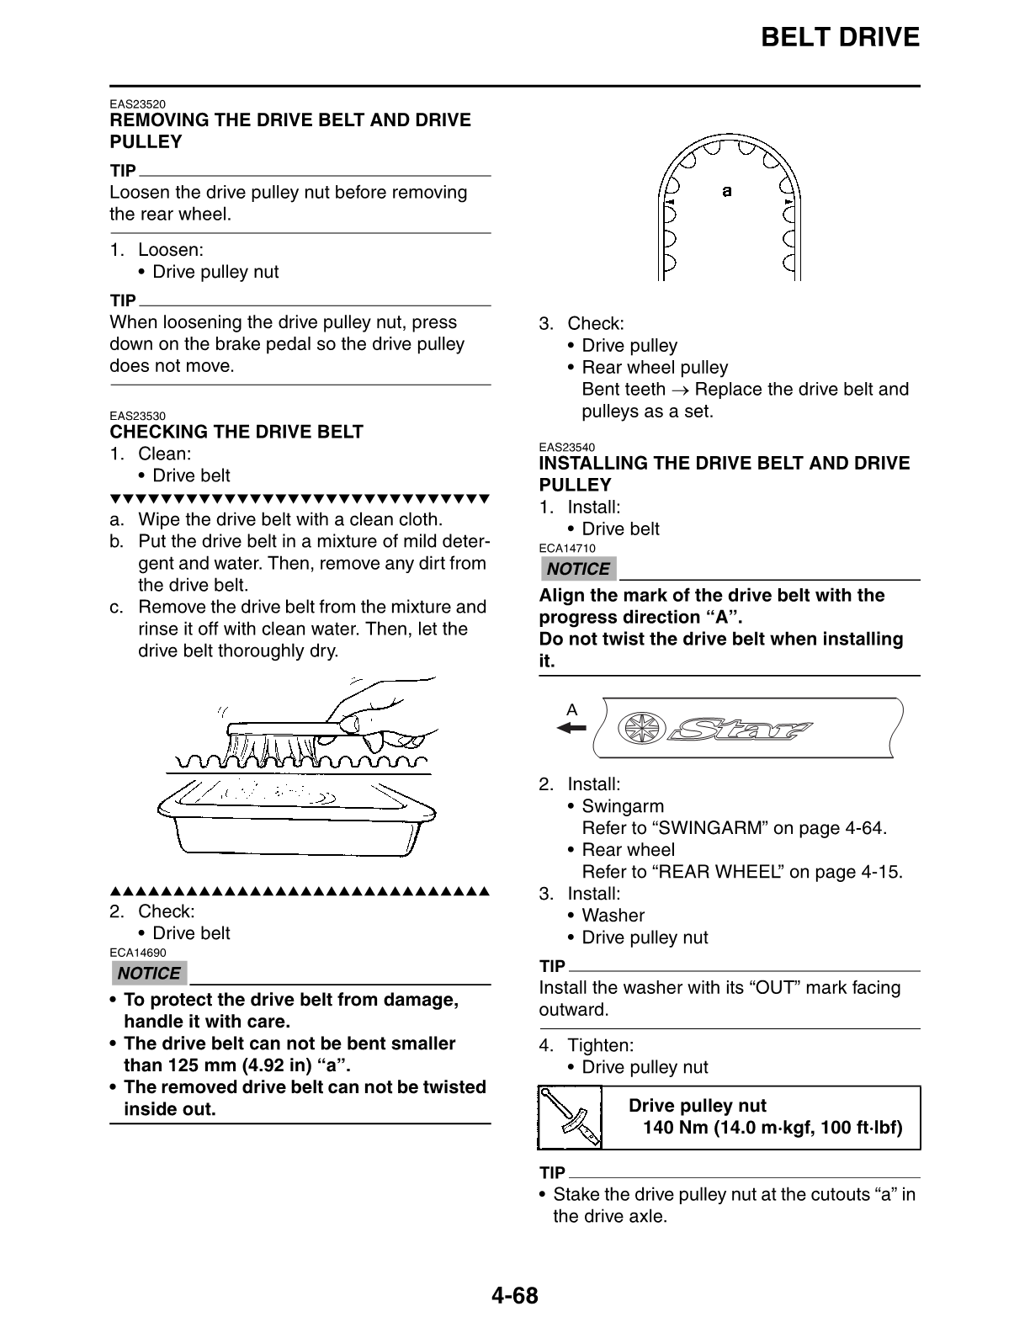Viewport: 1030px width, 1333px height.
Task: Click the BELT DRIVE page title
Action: pos(839,38)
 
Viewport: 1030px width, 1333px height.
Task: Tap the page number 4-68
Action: pos(514,1295)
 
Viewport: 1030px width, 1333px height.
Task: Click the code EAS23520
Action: pos(137,104)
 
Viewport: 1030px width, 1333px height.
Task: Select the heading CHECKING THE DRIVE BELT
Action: pos(236,432)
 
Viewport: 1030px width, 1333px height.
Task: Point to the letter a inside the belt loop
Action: pos(727,191)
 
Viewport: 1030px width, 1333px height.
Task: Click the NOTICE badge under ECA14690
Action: pos(149,974)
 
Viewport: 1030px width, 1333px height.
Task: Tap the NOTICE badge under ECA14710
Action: pos(578,569)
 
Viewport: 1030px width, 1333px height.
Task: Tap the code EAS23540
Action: pos(566,448)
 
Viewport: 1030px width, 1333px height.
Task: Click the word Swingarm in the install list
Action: pos(623,806)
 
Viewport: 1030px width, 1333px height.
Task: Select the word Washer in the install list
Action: pos(613,916)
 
